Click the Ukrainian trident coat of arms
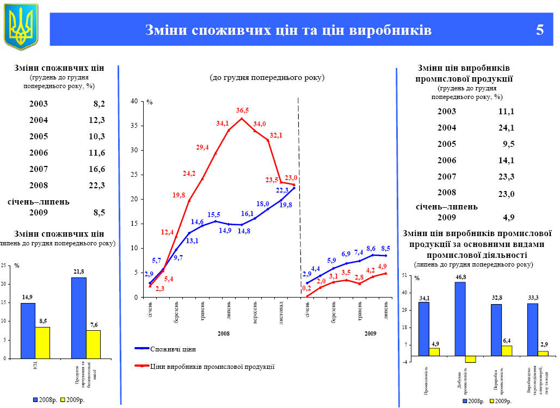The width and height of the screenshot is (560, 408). click(x=21, y=25)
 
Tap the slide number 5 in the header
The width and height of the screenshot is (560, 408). click(x=539, y=30)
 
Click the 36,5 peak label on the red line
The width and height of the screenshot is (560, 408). click(x=242, y=110)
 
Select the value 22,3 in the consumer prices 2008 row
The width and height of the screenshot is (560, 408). click(x=97, y=186)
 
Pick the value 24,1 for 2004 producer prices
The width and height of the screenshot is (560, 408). click(x=506, y=128)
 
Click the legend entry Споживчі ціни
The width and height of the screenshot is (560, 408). click(x=173, y=349)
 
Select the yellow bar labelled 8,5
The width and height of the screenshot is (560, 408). click(x=42, y=342)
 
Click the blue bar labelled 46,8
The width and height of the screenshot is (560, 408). click(x=460, y=318)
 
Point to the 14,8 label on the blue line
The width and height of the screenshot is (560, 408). click(x=244, y=231)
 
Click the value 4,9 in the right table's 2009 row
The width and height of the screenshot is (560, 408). click(x=509, y=218)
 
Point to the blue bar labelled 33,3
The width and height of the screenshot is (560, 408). click(x=532, y=329)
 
